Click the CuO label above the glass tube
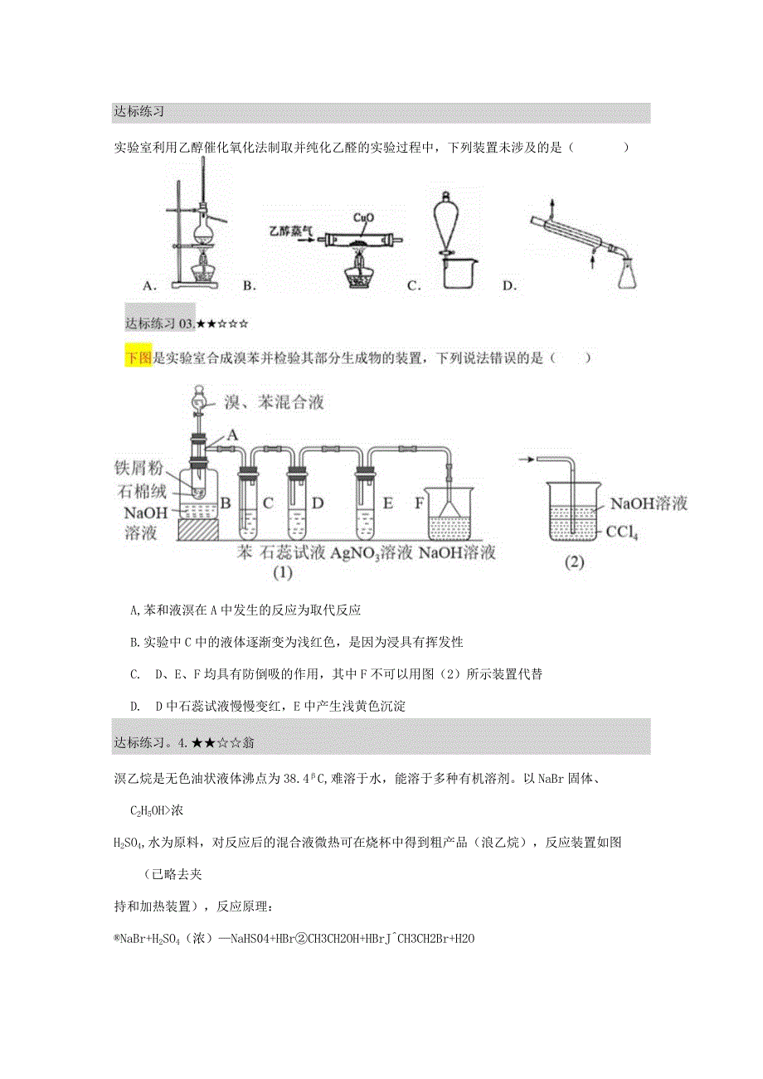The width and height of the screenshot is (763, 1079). tap(363, 218)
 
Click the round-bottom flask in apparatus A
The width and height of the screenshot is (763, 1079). tap(202, 226)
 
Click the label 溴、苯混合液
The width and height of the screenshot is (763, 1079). tap(273, 403)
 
